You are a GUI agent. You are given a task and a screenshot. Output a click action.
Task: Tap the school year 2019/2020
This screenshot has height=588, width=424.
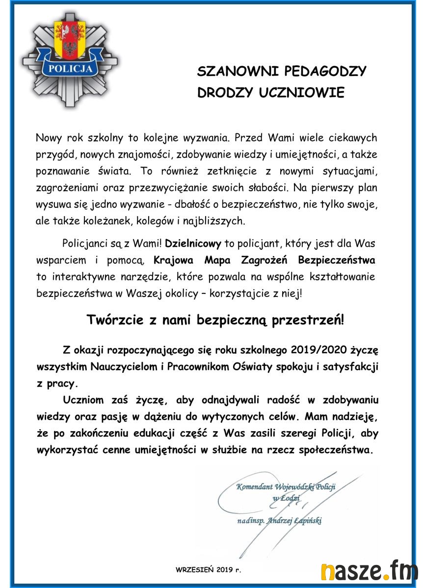click(x=318, y=350)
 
